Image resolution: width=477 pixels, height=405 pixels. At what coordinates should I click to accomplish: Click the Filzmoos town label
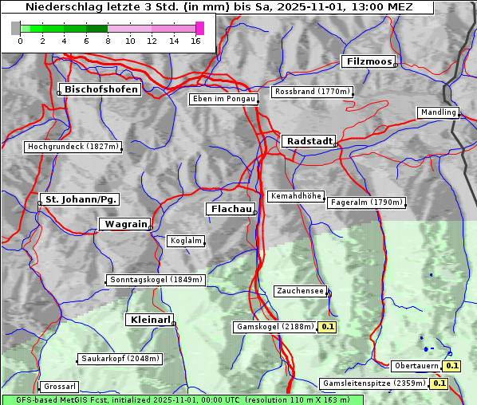[368, 61]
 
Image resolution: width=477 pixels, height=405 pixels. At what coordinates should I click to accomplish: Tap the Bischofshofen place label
[101, 89]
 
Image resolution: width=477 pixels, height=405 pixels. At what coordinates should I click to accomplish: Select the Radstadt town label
[308, 141]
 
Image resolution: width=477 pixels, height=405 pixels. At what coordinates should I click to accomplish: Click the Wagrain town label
[124, 224]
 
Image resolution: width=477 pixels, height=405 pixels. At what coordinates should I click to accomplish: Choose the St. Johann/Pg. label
[81, 199]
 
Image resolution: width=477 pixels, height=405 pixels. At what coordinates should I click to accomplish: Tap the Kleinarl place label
[149, 320]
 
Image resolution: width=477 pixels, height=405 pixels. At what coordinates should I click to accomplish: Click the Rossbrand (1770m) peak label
[312, 92]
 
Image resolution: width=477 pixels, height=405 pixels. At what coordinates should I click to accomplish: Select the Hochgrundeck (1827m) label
[73, 147]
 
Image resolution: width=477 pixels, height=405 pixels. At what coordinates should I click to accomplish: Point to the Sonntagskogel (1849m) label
[156, 280]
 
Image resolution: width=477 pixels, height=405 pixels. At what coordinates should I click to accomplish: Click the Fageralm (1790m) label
[366, 202]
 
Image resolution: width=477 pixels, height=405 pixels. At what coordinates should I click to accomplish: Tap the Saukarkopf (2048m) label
[119, 359]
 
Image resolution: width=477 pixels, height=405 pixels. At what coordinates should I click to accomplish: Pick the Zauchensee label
[300, 291]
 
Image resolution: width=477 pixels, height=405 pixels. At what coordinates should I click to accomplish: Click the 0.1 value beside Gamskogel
[328, 327]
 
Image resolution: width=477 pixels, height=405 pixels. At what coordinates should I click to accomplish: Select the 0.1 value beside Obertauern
[452, 366]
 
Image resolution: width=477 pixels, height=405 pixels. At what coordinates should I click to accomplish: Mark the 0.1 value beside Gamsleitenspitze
[439, 383]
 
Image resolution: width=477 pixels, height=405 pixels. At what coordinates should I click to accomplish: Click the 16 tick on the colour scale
[195, 40]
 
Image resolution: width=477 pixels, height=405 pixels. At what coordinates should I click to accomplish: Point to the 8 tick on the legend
[108, 40]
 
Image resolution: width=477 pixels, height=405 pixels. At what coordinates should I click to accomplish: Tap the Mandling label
[438, 112]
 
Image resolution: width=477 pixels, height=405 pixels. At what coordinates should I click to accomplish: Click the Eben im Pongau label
[223, 99]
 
